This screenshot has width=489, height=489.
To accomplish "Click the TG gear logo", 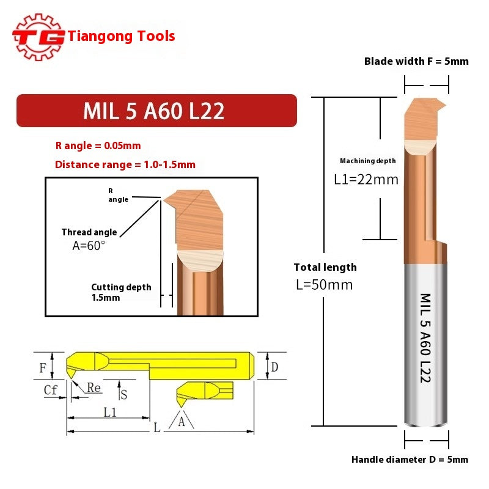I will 38,37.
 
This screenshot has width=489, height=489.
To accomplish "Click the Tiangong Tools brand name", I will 121,36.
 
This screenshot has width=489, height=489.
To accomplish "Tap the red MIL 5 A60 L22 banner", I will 156,111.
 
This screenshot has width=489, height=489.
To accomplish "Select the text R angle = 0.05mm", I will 98,146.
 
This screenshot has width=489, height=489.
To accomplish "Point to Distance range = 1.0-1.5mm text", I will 125,164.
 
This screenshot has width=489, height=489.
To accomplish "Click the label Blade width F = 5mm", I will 416,61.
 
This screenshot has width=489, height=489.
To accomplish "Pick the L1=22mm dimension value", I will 366,180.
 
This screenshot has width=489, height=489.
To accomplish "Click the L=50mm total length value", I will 325,285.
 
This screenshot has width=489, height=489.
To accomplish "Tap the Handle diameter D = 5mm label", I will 410,460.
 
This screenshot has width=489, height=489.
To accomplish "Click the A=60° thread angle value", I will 89,245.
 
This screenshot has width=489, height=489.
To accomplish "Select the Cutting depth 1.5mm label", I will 120,292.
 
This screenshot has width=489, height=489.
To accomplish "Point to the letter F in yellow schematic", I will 43,368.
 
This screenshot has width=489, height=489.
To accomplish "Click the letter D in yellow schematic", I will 274,367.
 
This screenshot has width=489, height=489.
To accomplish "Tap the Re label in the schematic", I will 94,388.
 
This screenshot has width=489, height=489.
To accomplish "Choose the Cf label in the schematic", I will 51,389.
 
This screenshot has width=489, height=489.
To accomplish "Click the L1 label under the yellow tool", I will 110,413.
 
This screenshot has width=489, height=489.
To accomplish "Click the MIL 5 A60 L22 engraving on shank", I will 426,337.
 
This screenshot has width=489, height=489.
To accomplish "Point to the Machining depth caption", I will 367,161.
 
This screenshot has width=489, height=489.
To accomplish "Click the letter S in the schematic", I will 124,394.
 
